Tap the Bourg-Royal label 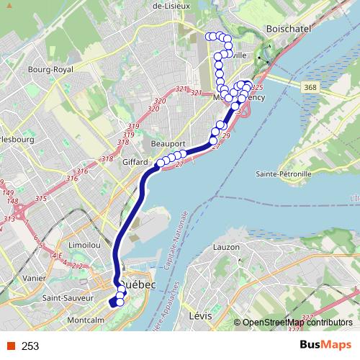pos(50,70)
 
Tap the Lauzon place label pos(226,248)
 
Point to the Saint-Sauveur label pos(68,297)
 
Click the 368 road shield pos(310,87)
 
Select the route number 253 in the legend pos(30,346)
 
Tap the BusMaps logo pos(325,346)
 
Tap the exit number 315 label pos(40,199)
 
